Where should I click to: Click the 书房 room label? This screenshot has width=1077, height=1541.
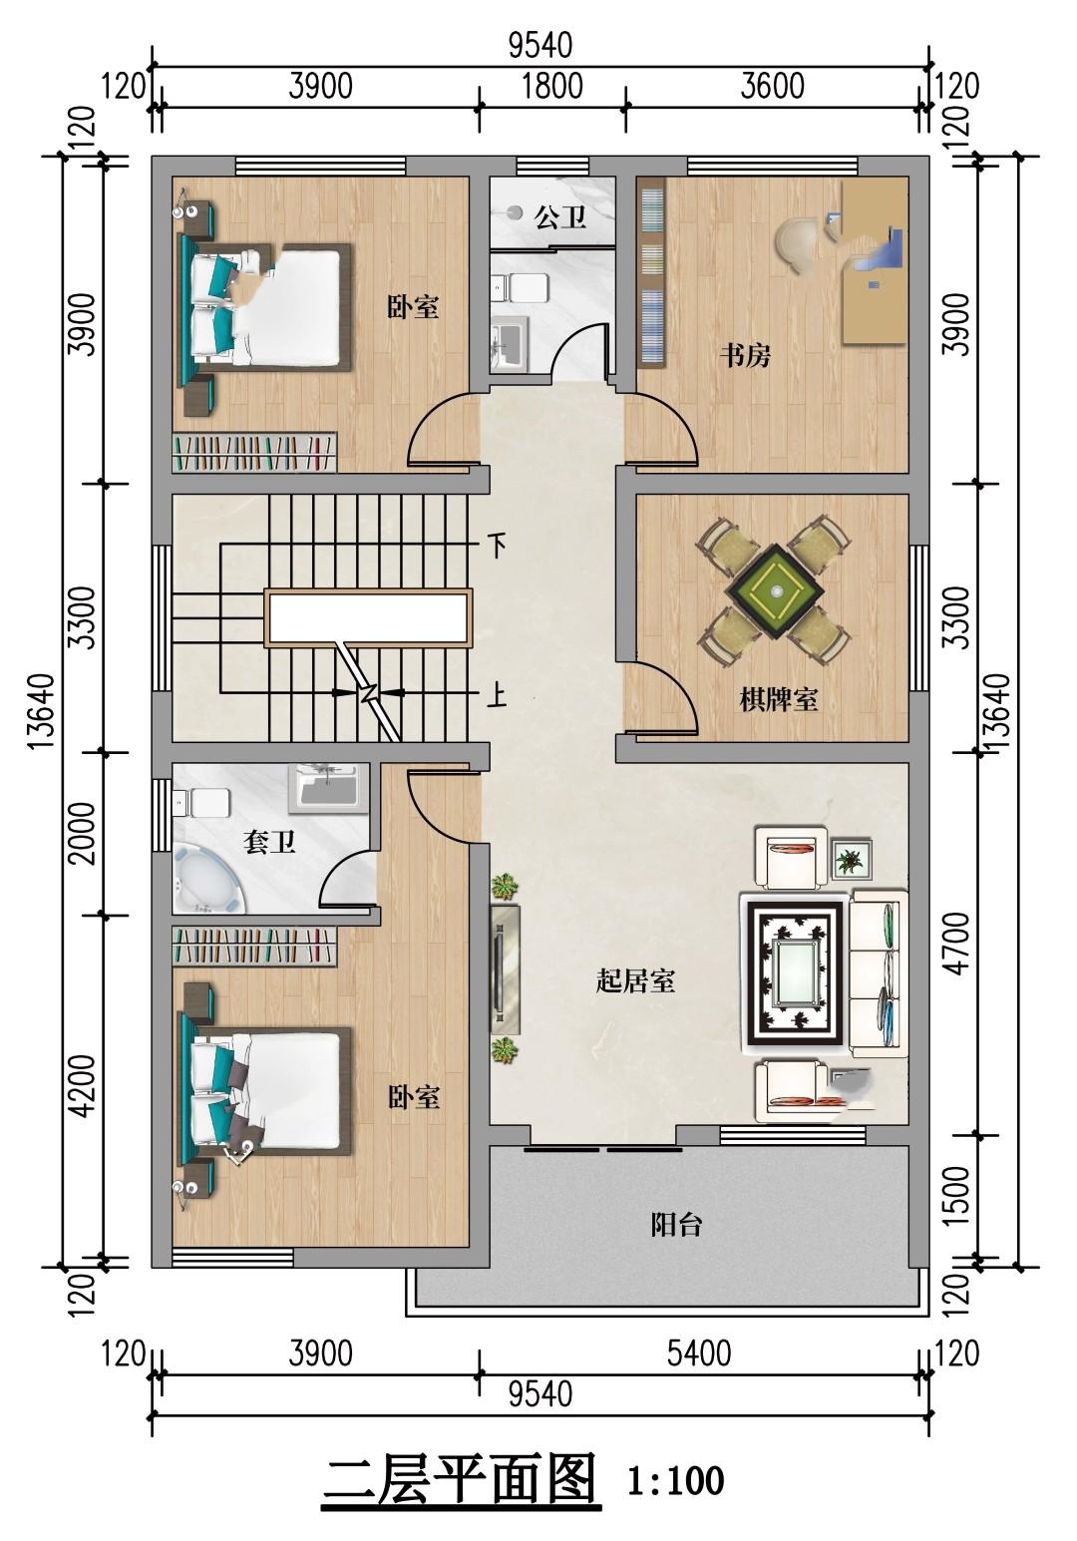pos(745,356)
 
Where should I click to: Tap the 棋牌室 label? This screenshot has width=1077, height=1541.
pos(779,699)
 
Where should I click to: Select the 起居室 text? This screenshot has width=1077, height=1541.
pos(635,981)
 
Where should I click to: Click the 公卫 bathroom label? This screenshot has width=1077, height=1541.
pos(560,218)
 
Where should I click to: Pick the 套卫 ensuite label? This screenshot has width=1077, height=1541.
pos(268,842)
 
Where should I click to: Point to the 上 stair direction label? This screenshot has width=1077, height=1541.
pos(497,693)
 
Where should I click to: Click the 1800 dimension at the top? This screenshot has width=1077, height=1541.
pos(552,87)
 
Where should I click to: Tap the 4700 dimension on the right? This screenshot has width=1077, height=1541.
pos(957,944)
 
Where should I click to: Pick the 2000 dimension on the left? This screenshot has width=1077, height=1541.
pos(83,833)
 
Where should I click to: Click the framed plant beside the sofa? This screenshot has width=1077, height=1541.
pos(852,859)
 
